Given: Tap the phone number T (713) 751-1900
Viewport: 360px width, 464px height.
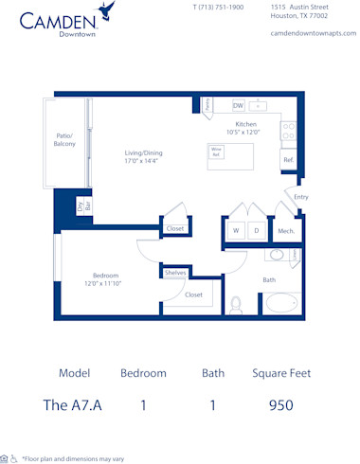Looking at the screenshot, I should [218, 7].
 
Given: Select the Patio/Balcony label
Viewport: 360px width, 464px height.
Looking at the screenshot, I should [65, 140].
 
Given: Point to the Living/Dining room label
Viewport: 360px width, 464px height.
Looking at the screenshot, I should [144, 157].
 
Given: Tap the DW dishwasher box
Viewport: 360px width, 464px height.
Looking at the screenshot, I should [238, 105].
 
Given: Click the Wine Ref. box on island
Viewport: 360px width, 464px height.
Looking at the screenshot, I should [216, 152].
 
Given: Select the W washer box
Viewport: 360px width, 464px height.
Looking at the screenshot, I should [236, 230].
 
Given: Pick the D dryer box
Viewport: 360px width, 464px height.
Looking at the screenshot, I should [257, 230].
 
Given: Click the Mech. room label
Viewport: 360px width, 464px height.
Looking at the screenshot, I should [285, 230].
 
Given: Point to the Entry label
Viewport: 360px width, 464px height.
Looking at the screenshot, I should [301, 197].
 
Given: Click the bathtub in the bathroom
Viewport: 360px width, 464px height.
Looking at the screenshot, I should [280, 305].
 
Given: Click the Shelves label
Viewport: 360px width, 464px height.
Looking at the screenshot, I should [175, 273].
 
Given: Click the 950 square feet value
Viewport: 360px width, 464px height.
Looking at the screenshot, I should [280, 405].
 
